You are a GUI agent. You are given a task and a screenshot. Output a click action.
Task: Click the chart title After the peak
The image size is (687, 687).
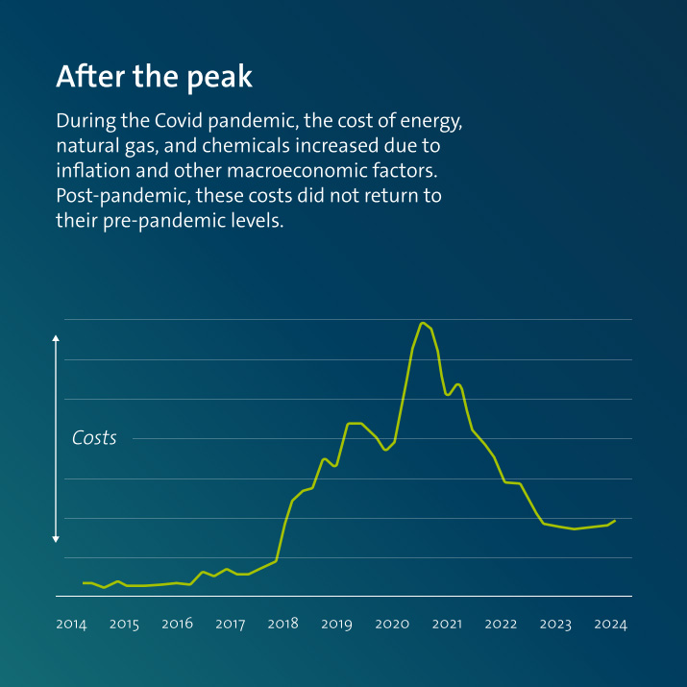(154, 77)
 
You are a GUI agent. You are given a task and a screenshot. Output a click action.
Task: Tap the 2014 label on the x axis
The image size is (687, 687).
(71, 625)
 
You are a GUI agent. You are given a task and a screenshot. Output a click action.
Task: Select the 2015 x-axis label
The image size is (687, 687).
(124, 625)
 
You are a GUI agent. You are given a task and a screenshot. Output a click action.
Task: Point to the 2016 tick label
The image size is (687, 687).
(177, 625)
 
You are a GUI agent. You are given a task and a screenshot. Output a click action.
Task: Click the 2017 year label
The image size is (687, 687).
(230, 625)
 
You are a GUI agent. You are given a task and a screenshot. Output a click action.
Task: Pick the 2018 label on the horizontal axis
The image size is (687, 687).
(282, 625)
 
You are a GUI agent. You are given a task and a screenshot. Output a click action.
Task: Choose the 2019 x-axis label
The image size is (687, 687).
(336, 625)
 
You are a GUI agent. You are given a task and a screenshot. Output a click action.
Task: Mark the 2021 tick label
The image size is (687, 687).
(447, 625)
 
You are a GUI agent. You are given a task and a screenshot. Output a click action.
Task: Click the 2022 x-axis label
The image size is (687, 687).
(501, 625)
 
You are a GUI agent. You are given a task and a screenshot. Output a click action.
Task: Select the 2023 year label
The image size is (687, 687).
(555, 625)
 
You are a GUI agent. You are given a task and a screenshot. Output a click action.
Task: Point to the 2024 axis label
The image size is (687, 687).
(610, 625)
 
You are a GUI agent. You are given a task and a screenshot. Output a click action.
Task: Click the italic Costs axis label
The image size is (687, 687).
(94, 438)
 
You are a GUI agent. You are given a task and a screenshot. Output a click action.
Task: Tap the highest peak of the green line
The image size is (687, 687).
(423, 323)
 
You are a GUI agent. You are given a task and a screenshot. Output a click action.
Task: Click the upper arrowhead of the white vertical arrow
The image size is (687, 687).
(56, 338)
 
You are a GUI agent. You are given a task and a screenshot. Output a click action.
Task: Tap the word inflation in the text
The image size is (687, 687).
(92, 171)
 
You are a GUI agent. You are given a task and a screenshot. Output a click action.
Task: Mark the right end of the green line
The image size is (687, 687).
(615, 521)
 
